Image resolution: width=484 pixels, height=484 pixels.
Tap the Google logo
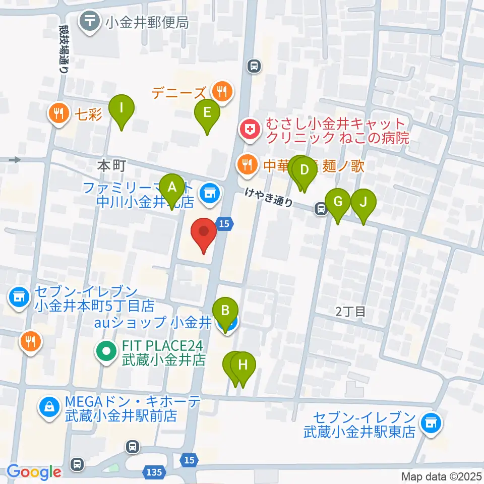(34, 471)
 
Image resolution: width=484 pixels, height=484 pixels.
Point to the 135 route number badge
(155, 472)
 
